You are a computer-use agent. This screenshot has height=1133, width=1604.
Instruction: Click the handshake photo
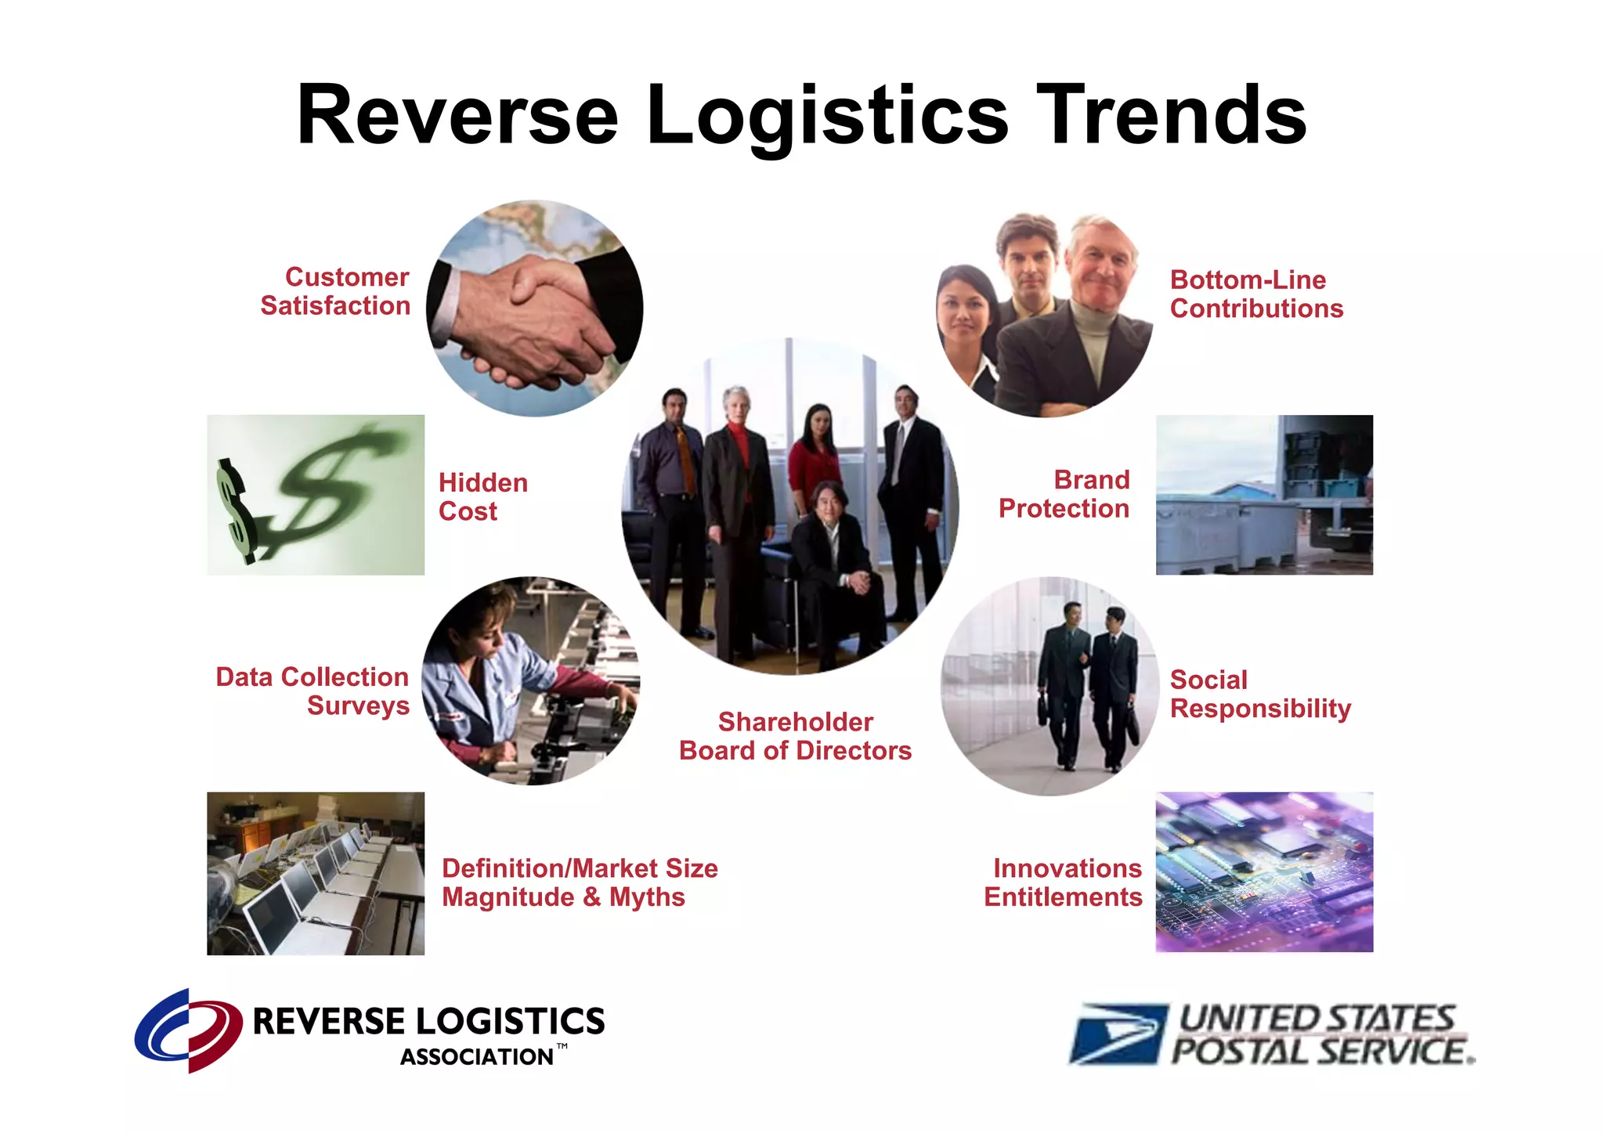click(535, 309)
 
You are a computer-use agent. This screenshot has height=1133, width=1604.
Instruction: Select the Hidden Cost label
click(482, 496)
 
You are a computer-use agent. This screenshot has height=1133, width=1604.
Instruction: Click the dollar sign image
click(316, 495)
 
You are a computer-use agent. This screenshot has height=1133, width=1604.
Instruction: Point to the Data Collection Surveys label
click(312, 691)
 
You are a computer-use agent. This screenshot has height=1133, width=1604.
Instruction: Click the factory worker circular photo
click(530, 680)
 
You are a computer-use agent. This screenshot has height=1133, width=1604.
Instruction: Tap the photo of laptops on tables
click(316, 873)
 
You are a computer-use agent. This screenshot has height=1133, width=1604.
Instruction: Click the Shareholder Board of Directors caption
click(795, 736)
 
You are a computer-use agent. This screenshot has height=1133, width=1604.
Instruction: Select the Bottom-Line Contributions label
click(1256, 294)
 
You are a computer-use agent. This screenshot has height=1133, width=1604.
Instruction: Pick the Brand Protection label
click(1064, 494)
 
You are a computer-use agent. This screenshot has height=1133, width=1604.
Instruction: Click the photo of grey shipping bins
click(1264, 495)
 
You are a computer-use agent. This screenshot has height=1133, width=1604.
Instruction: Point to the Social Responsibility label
click(1259, 694)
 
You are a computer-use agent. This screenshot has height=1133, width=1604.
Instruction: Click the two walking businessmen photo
click(1049, 686)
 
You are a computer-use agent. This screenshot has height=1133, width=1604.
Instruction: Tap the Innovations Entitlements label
click(1064, 882)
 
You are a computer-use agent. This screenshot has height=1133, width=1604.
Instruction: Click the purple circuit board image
click(1264, 872)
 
